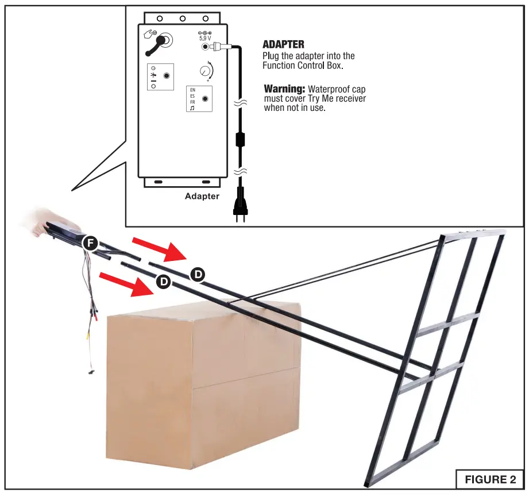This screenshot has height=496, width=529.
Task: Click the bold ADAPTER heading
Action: pos(283,44)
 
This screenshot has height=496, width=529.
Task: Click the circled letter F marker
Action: pos(90,243)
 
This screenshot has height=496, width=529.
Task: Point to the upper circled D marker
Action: pos(197,274)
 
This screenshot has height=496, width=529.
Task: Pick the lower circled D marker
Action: pos(164,282)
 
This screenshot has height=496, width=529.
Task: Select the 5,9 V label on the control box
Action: pos(206,39)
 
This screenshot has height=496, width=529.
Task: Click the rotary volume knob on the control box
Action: pos(205,71)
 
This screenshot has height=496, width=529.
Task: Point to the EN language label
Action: pos(192,90)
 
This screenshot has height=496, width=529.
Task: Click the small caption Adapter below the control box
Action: pos(202,196)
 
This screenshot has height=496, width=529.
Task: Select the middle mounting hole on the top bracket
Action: pos(182,18)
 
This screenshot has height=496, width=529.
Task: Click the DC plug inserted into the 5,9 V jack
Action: pos(221,47)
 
